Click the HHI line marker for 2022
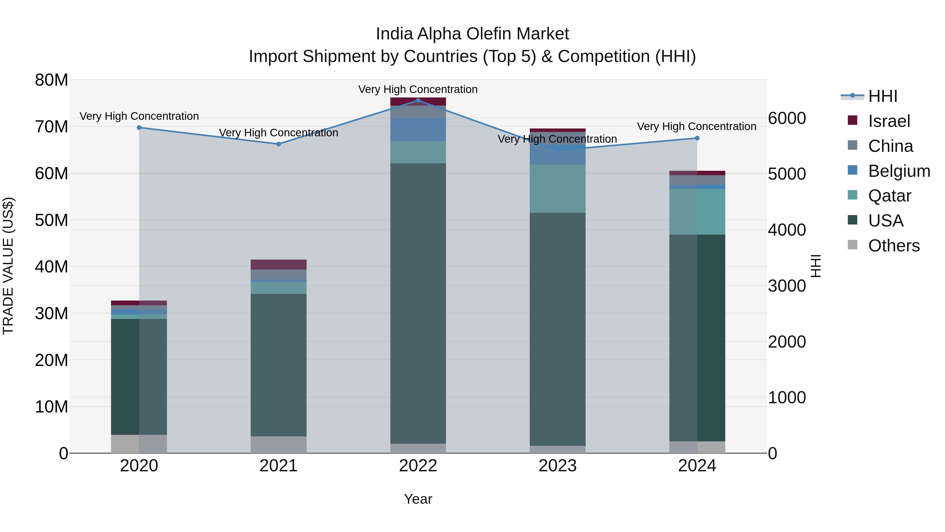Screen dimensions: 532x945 (x=418, y=100)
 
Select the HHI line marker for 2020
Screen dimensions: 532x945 (x=139, y=127)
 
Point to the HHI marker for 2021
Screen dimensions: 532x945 (x=279, y=144)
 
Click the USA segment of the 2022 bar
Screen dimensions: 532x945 (x=418, y=303)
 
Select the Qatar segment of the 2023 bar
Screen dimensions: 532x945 (x=557, y=188)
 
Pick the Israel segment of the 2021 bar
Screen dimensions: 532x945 (x=279, y=264)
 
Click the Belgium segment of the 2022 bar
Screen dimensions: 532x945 (x=418, y=129)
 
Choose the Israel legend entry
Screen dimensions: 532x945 (x=889, y=121)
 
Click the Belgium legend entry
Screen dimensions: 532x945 (x=899, y=171)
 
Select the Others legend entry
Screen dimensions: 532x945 (x=894, y=246)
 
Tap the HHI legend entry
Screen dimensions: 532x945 (x=882, y=96)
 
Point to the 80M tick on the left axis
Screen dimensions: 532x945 (x=51, y=80)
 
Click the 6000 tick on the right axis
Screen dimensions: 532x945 (x=787, y=118)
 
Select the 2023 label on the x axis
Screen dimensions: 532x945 (x=557, y=466)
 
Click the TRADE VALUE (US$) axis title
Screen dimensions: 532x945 (x=8, y=266)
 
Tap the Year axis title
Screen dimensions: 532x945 (x=418, y=499)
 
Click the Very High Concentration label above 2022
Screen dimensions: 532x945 (x=418, y=89)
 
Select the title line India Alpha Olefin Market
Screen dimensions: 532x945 (x=472, y=34)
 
